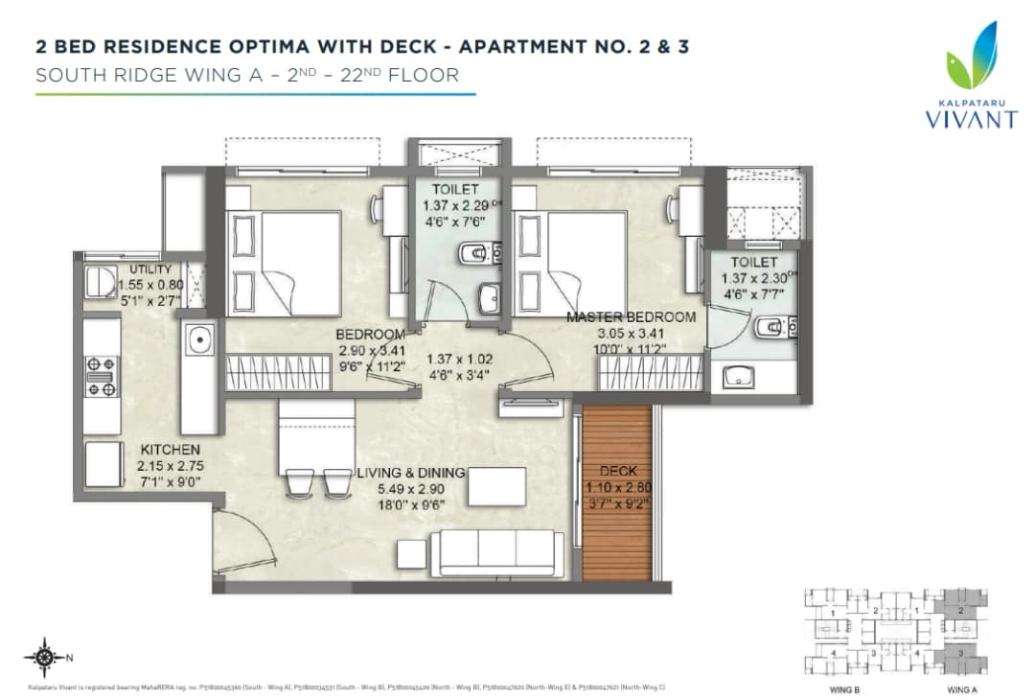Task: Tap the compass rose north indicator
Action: (43, 657)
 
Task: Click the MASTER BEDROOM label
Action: (630, 317)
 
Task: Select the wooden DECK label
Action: (617, 472)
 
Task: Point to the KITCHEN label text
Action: (171, 450)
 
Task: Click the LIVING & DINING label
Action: (410, 473)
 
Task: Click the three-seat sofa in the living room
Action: (496, 553)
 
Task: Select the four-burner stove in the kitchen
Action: (102, 376)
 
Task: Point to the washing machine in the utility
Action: (99, 281)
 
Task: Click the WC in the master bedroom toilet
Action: (772, 331)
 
